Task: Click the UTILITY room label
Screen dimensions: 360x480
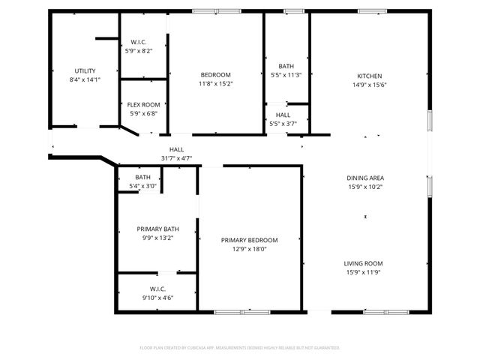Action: (x=84, y=70)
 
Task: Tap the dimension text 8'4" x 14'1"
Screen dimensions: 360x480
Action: (x=84, y=79)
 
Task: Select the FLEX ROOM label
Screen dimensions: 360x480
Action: (x=142, y=104)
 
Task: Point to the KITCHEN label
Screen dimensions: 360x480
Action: (x=369, y=76)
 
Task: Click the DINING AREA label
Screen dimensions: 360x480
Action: (x=364, y=178)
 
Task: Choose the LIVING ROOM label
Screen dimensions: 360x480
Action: (x=364, y=263)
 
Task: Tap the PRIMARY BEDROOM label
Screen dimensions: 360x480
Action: (x=249, y=240)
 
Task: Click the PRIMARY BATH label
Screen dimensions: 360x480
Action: (x=157, y=229)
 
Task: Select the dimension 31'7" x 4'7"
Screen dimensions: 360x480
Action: (x=176, y=157)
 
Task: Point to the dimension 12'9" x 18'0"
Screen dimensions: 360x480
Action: (x=249, y=249)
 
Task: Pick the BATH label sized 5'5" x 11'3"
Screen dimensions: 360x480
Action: (x=286, y=66)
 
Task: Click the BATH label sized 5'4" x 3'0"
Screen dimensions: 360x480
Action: (x=142, y=177)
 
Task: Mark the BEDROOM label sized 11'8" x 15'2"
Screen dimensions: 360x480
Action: (x=215, y=75)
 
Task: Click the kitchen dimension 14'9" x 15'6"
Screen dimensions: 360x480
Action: (x=369, y=85)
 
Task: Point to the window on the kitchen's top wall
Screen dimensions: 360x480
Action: (x=370, y=11)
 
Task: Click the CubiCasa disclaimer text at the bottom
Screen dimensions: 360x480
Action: (x=240, y=348)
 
